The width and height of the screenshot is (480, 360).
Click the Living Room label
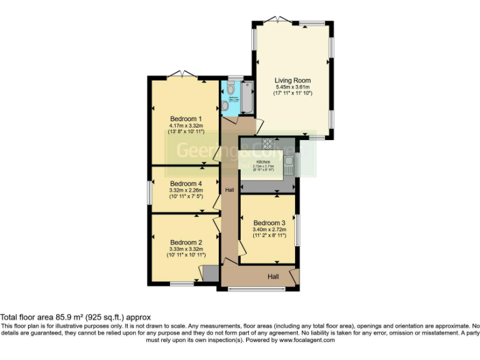[292, 81]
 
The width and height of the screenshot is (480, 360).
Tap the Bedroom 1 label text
[186, 119]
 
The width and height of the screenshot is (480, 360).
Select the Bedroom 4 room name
[186, 183]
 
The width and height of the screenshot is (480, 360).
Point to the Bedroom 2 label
[186, 242]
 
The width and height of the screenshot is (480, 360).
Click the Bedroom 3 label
[269, 223]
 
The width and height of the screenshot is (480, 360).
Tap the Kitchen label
[263, 162]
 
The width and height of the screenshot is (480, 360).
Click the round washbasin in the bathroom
[225, 106]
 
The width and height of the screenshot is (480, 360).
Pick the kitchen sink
[289, 164]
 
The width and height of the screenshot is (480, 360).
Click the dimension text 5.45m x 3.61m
[292, 87]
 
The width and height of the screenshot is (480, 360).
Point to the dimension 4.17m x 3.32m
[186, 125]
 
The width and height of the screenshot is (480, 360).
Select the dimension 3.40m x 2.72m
[269, 229]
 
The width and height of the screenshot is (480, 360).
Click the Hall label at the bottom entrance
[274, 276]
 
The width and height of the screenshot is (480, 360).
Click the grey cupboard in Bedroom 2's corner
[209, 273]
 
